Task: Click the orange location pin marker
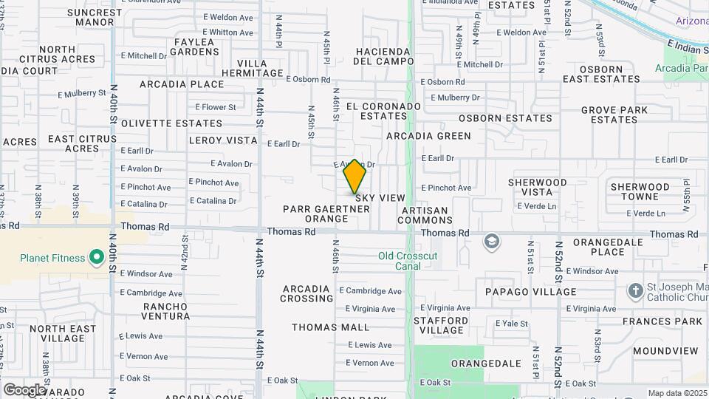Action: coord(354,177)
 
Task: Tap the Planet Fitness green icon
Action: coord(96,258)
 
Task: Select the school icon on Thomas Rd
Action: coord(491,242)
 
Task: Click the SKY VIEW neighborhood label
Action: coord(381,198)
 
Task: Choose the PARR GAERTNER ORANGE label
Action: coord(326,214)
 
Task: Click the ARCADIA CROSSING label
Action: coord(306,293)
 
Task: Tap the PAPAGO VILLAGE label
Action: coord(530,292)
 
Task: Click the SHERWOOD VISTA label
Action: coord(538,187)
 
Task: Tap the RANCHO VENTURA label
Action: coord(166,311)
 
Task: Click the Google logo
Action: coord(24,389)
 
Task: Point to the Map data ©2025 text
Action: coord(677,393)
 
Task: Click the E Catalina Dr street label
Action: coord(213,201)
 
